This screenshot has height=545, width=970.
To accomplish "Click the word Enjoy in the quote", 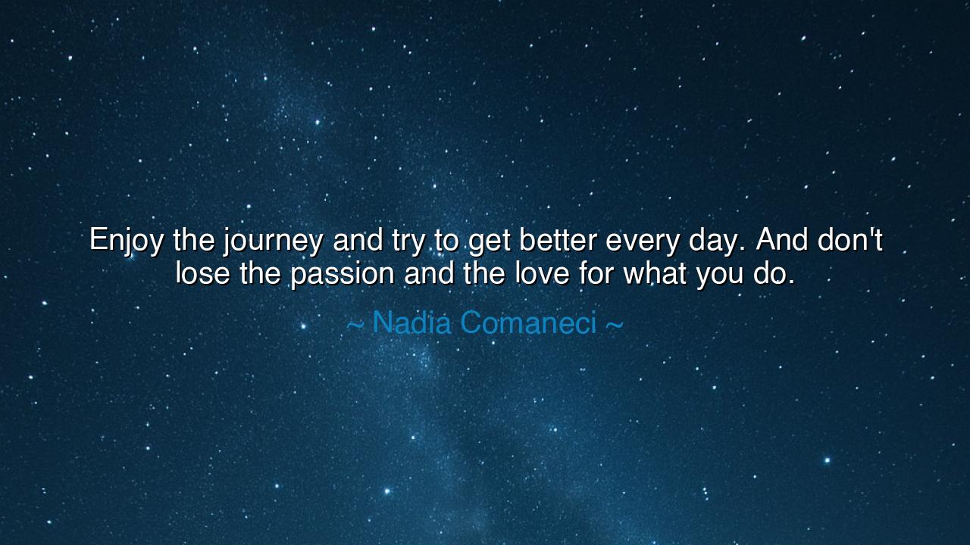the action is [127, 241].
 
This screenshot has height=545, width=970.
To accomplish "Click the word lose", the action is [202, 273].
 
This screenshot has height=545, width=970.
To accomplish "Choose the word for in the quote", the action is [596, 273].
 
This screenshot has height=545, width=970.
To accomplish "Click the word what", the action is [656, 273].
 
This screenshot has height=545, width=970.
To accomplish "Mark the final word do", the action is [769, 273].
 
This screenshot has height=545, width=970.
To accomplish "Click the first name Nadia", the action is [411, 322].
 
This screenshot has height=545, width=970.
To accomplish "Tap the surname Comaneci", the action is [528, 322].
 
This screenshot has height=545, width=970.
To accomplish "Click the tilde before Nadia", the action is [355, 325].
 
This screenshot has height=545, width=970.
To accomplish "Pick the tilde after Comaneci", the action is [615, 325].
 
